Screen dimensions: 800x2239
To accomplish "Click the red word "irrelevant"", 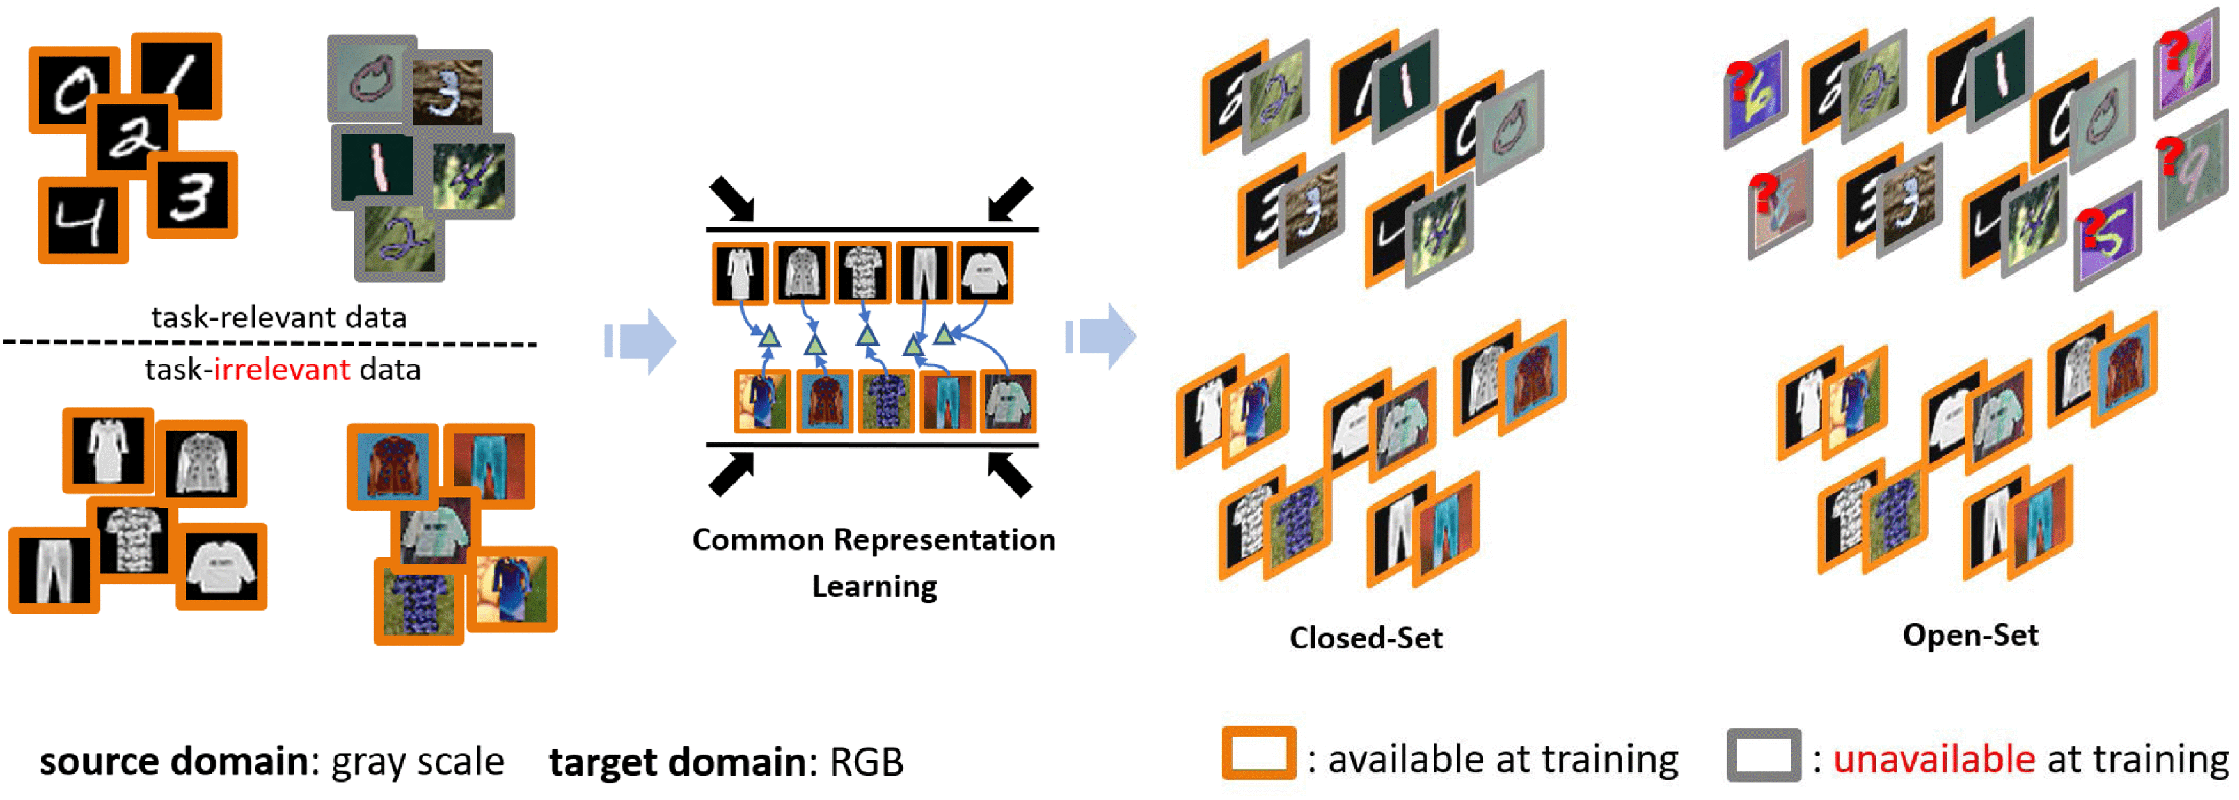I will (281, 369).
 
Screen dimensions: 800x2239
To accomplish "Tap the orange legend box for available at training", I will (1258, 753).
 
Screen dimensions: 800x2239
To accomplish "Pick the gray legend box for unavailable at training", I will (1764, 755).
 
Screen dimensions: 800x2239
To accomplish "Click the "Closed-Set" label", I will (1366, 638).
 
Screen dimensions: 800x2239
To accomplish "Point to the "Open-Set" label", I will (1970, 636).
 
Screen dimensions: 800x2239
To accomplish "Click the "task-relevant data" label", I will (278, 317).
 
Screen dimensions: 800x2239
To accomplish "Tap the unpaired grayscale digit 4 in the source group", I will (83, 220).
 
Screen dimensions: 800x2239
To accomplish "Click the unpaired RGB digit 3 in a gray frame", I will (448, 90).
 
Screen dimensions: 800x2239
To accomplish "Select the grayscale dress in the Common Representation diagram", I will (740, 274).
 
